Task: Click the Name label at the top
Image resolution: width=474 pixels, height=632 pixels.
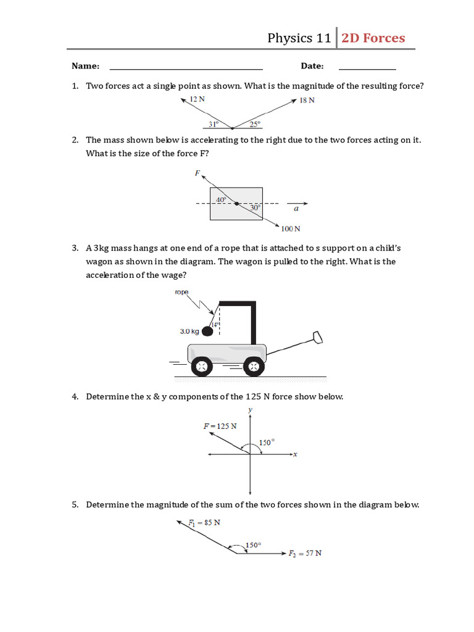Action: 85,66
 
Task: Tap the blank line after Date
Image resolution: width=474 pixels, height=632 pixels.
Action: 367,67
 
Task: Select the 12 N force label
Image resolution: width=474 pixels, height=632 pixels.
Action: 197,99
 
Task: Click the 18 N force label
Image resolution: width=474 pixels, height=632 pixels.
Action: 307,101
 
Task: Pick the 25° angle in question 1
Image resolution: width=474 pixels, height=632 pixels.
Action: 255,123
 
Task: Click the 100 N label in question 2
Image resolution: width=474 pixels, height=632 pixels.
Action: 290,229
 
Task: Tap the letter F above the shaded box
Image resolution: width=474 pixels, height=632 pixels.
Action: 197,174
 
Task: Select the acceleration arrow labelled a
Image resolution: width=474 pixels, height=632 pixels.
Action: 297,204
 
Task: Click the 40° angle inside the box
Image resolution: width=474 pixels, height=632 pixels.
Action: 221,199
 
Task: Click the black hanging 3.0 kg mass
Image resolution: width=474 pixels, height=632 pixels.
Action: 208,331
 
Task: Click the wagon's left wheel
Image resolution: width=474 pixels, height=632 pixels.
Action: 201,367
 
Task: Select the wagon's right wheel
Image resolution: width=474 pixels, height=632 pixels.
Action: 252,367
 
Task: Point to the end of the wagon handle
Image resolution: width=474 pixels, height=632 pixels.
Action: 317,337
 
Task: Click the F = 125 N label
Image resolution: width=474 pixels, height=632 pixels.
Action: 220,426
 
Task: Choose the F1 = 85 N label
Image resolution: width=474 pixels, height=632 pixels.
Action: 204,522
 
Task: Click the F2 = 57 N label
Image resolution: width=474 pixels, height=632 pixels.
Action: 305,553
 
